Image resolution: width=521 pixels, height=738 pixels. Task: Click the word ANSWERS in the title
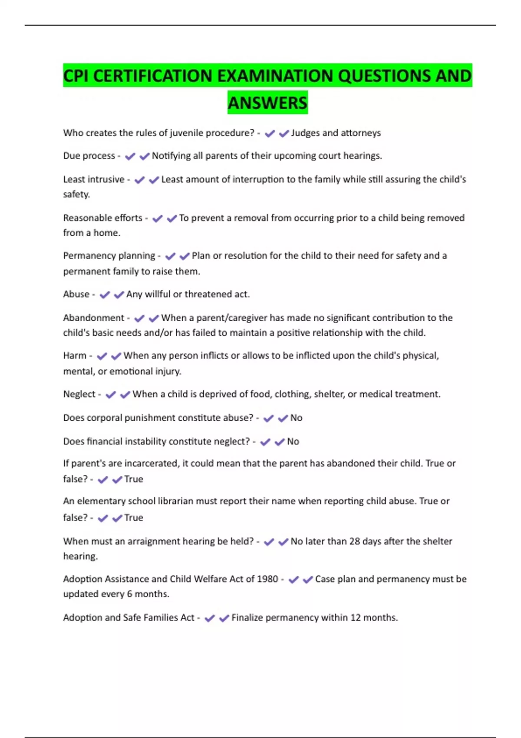click(x=267, y=103)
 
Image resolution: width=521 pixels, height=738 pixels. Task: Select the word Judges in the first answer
click(x=305, y=133)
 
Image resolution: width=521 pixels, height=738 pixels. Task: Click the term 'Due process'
click(x=89, y=156)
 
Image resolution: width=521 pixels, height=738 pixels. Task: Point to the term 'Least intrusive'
click(x=93, y=179)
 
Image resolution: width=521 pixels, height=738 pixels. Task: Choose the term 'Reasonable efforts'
click(x=102, y=218)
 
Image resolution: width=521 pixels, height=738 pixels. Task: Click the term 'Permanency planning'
click(x=109, y=256)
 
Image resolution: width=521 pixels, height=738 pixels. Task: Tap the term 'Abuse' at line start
click(x=76, y=294)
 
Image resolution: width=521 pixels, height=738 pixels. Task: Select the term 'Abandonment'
click(x=93, y=318)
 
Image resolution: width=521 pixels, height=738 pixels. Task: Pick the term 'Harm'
click(x=75, y=356)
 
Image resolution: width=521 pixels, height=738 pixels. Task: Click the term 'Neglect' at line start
click(x=79, y=394)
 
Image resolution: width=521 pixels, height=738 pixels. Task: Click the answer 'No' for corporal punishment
click(x=296, y=418)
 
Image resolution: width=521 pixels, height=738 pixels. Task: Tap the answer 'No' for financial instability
click(x=293, y=441)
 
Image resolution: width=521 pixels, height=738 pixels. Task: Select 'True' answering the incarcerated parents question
click(x=133, y=479)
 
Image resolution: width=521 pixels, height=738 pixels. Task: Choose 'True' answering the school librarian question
click(x=133, y=517)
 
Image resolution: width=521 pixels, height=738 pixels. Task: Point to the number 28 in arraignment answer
click(x=355, y=541)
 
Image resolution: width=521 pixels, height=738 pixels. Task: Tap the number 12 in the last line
click(x=356, y=618)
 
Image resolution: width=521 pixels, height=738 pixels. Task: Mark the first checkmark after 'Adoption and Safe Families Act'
click(x=210, y=618)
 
